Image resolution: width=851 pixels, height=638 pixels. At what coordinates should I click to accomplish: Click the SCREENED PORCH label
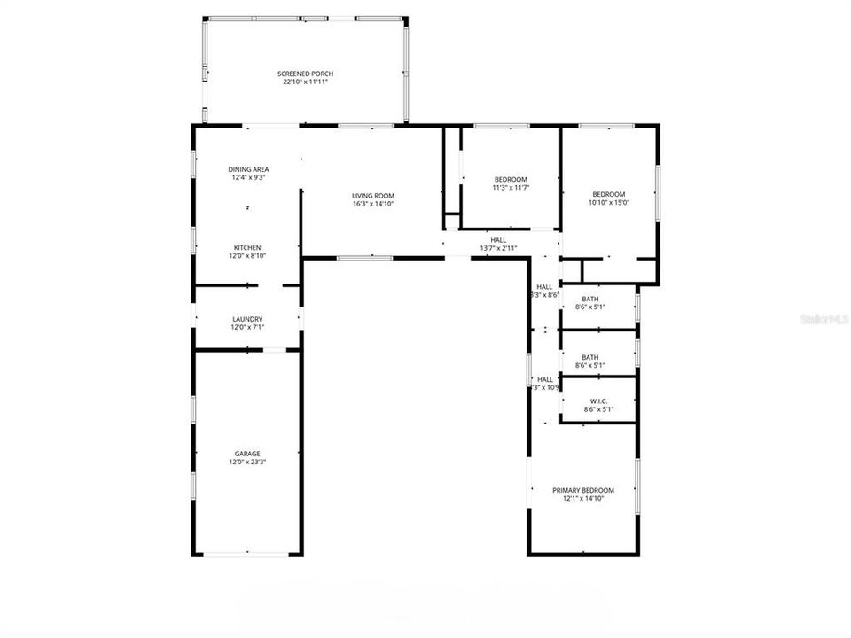pyautogui.click(x=305, y=74)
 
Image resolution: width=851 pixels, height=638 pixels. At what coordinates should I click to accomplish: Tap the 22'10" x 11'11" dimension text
pyautogui.click(x=305, y=82)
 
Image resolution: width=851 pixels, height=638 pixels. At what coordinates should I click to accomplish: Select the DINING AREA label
pyautogui.click(x=248, y=169)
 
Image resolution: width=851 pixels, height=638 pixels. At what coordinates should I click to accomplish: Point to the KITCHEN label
pyautogui.click(x=247, y=247)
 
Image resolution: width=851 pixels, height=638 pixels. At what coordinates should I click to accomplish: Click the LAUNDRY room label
pyautogui.click(x=247, y=319)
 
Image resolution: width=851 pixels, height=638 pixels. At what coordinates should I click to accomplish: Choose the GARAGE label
pyautogui.click(x=247, y=454)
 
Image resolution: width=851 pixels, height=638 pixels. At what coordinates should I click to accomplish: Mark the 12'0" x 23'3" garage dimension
pyautogui.click(x=247, y=462)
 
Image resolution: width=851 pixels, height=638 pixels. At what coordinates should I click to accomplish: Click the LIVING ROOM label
pyautogui.click(x=372, y=196)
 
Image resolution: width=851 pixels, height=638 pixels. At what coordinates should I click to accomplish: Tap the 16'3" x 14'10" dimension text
pyautogui.click(x=372, y=204)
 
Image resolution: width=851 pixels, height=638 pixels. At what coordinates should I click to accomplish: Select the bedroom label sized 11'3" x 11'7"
pyautogui.click(x=511, y=180)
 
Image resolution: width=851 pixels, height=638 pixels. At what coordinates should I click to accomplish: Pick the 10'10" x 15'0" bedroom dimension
pyautogui.click(x=609, y=202)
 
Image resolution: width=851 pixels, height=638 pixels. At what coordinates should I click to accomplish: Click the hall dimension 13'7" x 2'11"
pyautogui.click(x=498, y=248)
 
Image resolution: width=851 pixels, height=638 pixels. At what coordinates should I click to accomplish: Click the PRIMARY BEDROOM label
pyautogui.click(x=582, y=490)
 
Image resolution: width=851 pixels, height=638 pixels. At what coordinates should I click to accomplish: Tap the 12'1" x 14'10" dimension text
pyautogui.click(x=582, y=498)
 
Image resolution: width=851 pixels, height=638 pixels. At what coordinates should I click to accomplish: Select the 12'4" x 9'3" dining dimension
pyautogui.click(x=248, y=177)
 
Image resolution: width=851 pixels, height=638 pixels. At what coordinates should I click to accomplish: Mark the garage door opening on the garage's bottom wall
pyautogui.click(x=247, y=555)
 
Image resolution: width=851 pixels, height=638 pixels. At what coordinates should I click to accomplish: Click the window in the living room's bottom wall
pyautogui.click(x=364, y=258)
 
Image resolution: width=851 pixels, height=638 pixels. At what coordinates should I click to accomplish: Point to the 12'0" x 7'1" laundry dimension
pyautogui.click(x=247, y=327)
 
